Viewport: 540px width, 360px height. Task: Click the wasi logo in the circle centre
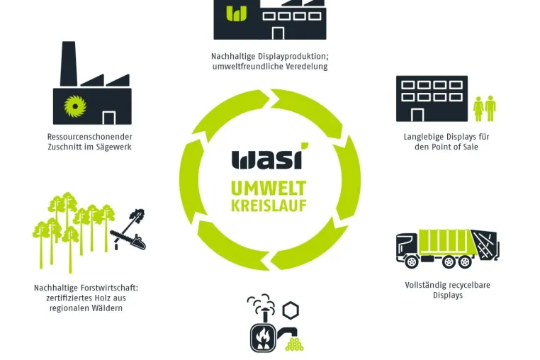[270, 157]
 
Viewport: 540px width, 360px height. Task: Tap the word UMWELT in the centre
[269, 189]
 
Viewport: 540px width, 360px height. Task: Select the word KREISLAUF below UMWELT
[269, 205]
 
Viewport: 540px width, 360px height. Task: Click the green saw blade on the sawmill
[75, 106]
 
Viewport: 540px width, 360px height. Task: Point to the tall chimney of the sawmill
[68, 64]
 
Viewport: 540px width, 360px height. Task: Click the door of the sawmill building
[109, 118]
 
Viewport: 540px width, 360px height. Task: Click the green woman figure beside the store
[478, 108]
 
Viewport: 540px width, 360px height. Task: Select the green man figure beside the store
[490, 108]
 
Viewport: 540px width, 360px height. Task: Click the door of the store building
[417, 115]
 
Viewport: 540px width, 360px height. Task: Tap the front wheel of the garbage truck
[411, 261]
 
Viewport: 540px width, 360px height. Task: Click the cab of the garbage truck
[407, 245]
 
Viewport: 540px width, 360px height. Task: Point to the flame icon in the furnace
[263, 337]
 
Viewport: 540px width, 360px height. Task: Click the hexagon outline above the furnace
[291, 310]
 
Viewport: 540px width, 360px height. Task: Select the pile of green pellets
[295, 344]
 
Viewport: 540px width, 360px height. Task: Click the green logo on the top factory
[236, 13]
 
